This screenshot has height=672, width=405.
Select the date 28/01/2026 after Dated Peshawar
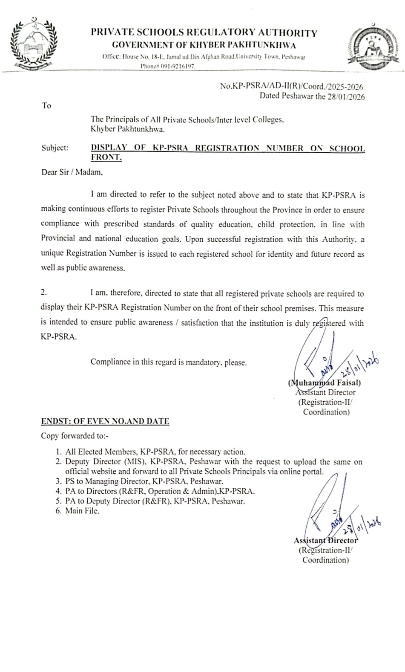346,96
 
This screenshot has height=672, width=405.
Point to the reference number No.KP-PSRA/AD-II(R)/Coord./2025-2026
291,86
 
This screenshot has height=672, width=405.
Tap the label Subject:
55,148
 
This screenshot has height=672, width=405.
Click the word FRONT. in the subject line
106,157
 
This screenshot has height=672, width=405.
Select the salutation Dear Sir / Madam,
72,172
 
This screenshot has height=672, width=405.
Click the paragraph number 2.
44,292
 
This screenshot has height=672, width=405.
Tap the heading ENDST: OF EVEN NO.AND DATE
105,421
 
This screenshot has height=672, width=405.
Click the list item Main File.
82,511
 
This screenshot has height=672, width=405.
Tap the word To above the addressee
46,105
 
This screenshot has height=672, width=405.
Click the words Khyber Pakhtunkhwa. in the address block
127,129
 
